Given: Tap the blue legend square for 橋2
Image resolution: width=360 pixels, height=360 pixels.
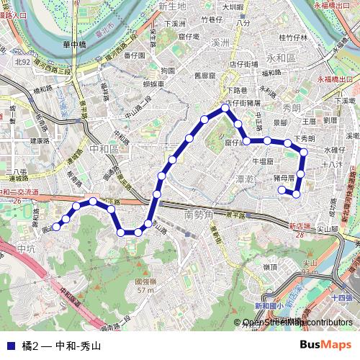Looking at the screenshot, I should pyautogui.click(x=9, y=346).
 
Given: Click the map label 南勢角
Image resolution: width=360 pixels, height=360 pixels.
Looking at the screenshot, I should pyautogui.click(x=199, y=215).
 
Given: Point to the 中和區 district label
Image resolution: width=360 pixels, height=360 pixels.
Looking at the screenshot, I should pyautogui.click(x=107, y=148).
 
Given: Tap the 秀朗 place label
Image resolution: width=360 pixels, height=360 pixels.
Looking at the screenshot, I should pyautogui.click(x=292, y=108).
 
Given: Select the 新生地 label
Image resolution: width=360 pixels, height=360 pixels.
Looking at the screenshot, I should pyautogui.click(x=172, y=6).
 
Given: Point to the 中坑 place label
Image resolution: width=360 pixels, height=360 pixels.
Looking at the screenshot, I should pyautogui.click(x=26, y=248).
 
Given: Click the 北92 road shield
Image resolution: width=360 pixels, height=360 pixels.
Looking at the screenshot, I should pyautogui.click(x=23, y=63).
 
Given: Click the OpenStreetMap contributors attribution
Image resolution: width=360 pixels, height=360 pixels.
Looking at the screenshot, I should pyautogui.click(x=298, y=323).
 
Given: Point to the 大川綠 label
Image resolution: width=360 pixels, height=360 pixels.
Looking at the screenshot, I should pyautogui.click(x=233, y=6).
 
